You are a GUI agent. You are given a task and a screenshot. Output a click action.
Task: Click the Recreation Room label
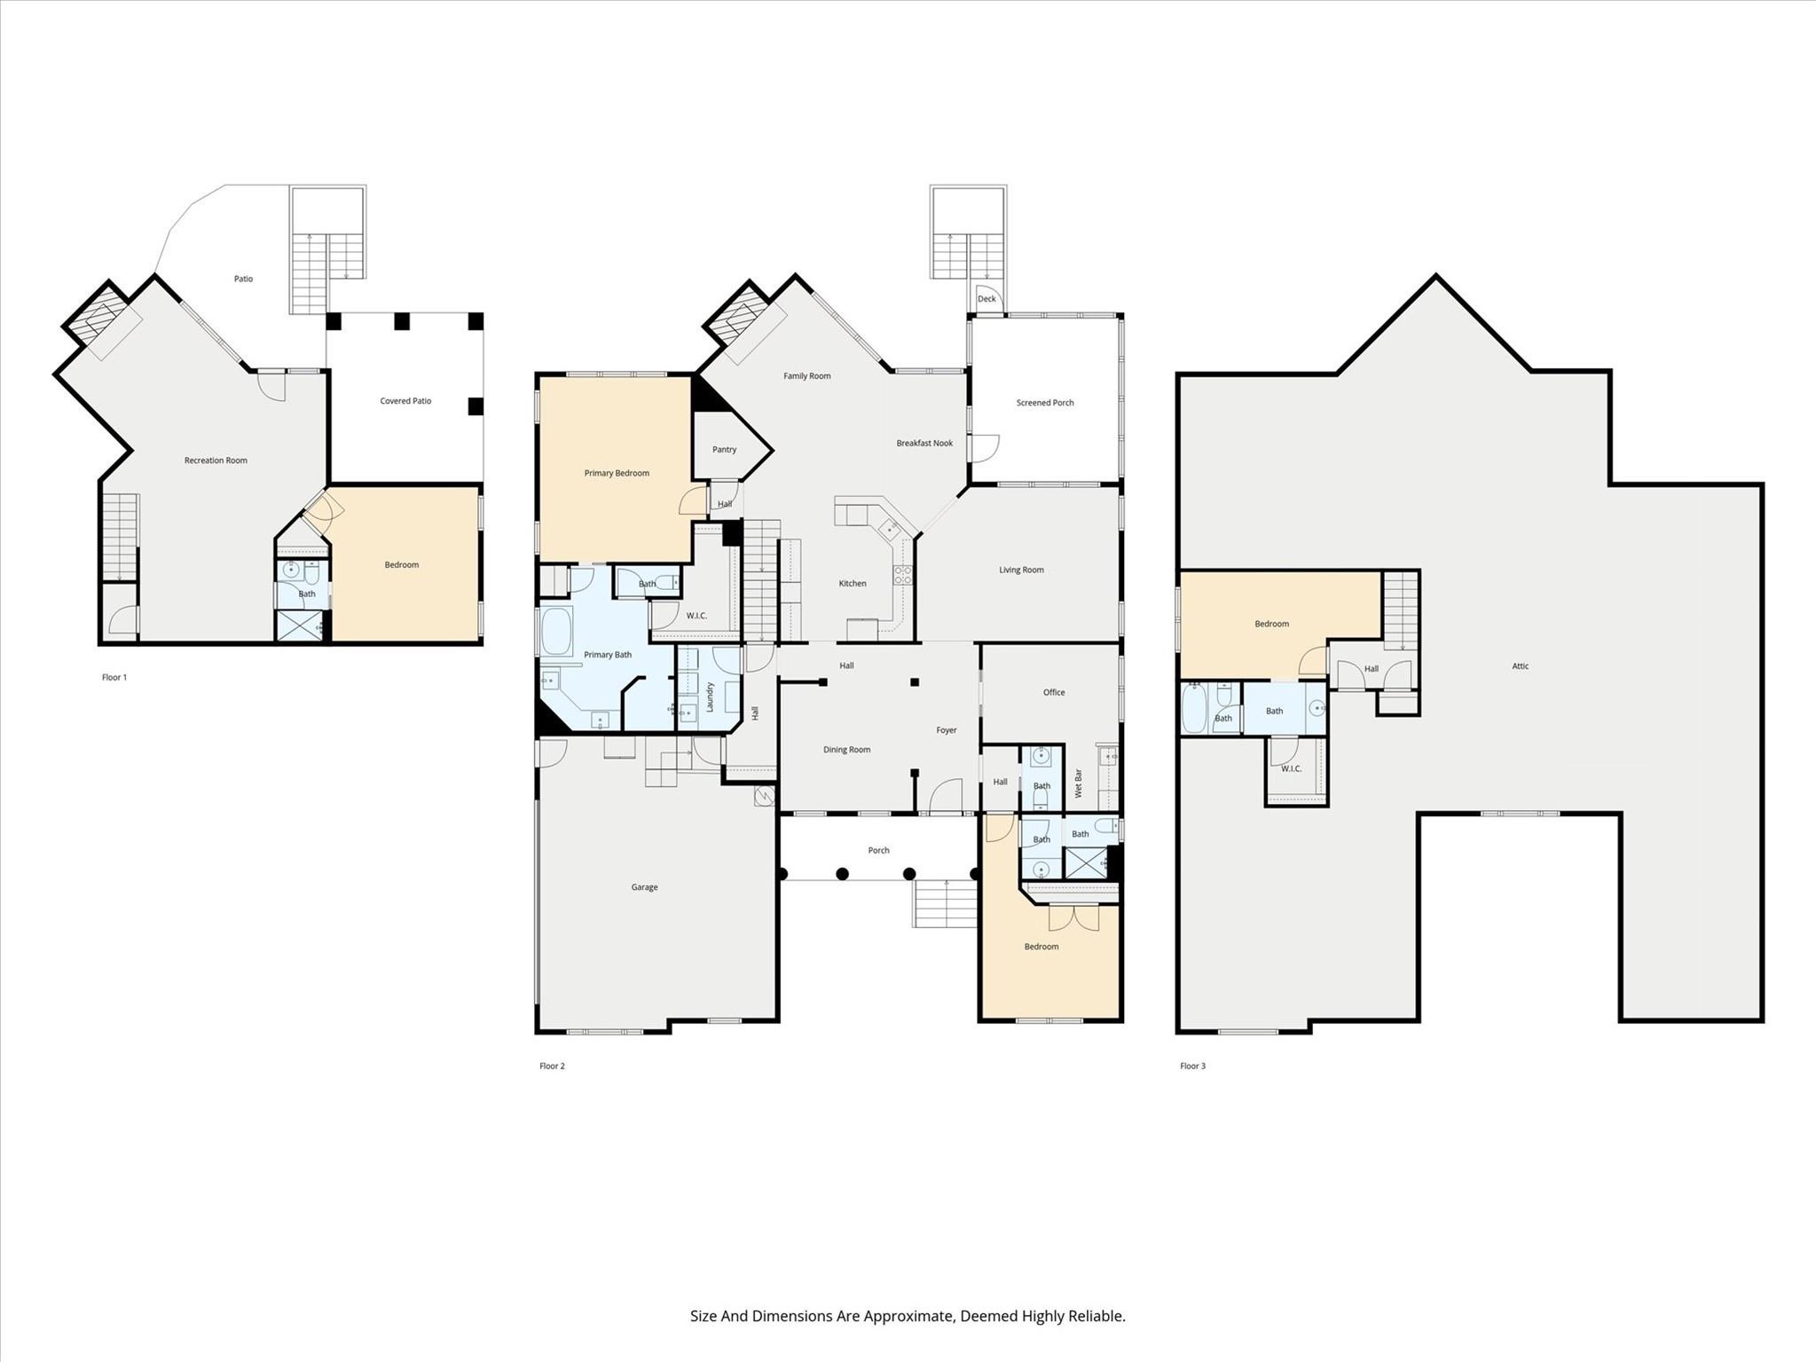pos(216,461)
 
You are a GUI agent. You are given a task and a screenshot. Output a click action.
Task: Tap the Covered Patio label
pos(405,401)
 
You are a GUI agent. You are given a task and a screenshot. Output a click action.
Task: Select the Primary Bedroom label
pos(617,473)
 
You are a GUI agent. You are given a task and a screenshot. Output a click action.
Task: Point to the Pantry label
pos(724,450)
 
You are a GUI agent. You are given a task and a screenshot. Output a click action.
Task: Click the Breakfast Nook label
pos(924,444)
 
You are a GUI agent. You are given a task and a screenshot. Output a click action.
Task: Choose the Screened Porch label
pos(1045,403)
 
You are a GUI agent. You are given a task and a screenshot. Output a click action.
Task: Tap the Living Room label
pos(1021,570)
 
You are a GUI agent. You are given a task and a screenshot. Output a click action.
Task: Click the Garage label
pos(644,887)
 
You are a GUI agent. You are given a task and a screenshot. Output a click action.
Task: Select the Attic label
pos(1520,666)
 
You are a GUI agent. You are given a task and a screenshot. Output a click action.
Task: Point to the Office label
pos(1054,693)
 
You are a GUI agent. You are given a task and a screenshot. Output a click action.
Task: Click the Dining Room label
pos(846,750)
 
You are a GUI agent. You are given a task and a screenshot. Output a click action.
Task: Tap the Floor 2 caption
pos(552,1066)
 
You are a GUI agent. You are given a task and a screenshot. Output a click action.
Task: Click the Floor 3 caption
pos(1192,1066)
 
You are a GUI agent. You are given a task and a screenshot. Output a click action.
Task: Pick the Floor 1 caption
pos(114,677)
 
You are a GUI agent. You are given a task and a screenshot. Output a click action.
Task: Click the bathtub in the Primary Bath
pos(557,631)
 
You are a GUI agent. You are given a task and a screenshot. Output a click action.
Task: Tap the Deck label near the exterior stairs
pos(987,299)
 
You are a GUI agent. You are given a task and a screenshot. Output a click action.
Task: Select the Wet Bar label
pos(1079,783)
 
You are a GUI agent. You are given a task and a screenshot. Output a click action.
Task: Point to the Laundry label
pos(710,697)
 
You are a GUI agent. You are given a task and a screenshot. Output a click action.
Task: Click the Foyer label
pos(947,730)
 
